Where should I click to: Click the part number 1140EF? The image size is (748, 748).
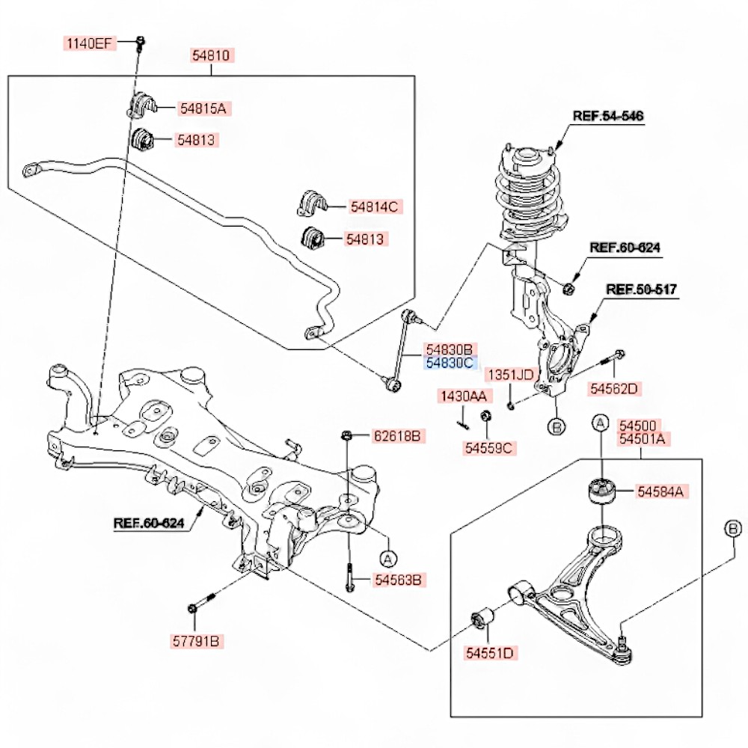[x=89, y=43]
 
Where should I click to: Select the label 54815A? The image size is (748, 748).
[x=202, y=108]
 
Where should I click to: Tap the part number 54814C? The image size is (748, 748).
[x=373, y=206]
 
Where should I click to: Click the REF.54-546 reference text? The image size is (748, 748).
[x=608, y=116]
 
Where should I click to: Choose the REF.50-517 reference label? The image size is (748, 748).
[x=641, y=289]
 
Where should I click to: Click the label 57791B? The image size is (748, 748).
[x=197, y=641]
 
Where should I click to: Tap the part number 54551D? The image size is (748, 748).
[x=490, y=653]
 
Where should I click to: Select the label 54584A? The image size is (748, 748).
[x=662, y=491]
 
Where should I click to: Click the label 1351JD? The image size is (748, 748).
[x=511, y=374]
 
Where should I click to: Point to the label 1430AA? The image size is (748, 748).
[x=462, y=396]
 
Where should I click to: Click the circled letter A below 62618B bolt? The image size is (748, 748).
[x=387, y=558]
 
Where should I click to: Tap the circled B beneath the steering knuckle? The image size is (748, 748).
[x=556, y=427]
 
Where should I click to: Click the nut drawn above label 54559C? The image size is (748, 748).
[x=485, y=416]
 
